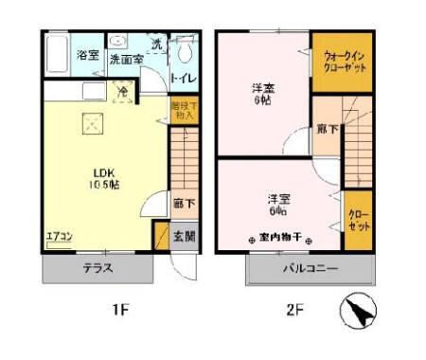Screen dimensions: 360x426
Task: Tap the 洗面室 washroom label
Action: point(125,59)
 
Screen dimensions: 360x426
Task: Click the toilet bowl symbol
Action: point(186,51)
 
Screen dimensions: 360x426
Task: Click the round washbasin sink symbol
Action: point(118,42)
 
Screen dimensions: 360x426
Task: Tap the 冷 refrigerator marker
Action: point(123,92)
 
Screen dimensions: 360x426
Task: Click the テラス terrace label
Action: point(98,268)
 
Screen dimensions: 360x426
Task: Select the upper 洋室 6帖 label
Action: point(262,94)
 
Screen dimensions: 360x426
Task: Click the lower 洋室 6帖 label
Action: point(277,205)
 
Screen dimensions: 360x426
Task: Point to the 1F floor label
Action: point(118,310)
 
